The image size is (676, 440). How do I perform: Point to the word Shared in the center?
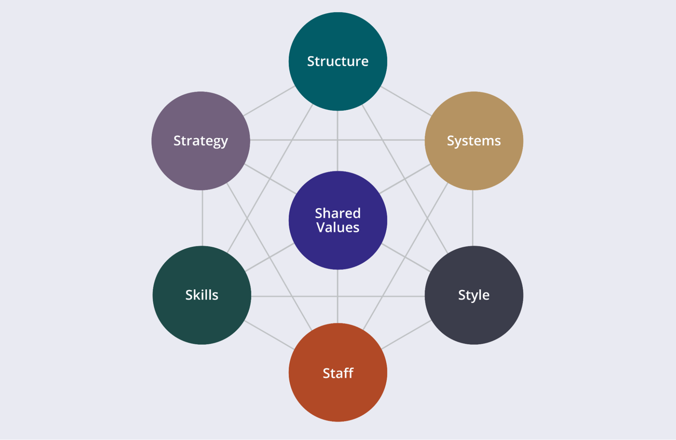(338, 213)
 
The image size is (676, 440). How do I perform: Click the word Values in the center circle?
(338, 227)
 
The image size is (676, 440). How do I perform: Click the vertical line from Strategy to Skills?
(202, 218)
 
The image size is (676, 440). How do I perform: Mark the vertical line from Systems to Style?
(473, 218)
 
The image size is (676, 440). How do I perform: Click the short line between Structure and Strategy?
(269, 101)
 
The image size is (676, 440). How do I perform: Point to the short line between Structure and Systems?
(406, 101)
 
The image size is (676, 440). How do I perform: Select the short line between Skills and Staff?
(269, 335)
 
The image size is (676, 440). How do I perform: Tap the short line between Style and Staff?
(406, 335)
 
